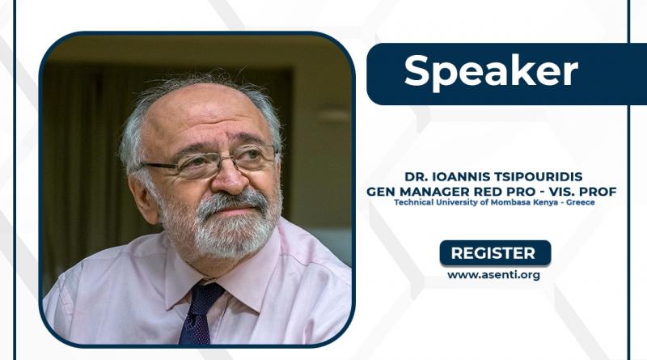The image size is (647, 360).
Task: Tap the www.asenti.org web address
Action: [x=493, y=275]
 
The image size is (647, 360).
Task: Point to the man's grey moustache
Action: [x=232, y=201]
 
